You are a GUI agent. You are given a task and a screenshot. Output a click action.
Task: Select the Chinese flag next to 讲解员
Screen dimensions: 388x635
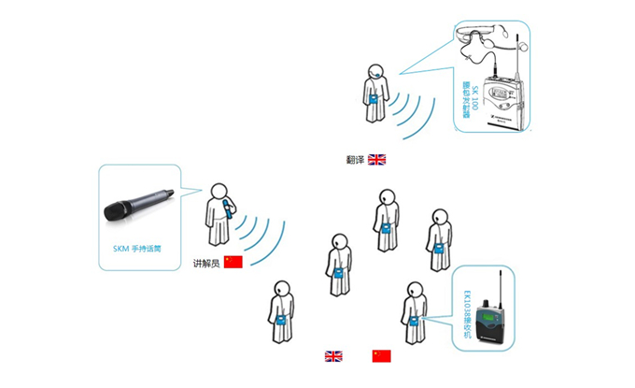(233, 262)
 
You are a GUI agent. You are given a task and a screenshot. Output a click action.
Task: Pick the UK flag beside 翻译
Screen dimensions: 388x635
(376, 160)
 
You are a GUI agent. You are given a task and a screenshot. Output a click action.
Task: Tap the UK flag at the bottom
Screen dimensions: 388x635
(333, 356)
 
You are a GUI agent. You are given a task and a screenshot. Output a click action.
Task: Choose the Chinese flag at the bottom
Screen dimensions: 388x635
(382, 356)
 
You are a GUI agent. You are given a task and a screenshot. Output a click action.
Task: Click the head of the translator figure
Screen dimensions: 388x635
(374, 71)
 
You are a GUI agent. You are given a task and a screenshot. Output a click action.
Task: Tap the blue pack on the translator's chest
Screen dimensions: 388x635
(372, 99)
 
